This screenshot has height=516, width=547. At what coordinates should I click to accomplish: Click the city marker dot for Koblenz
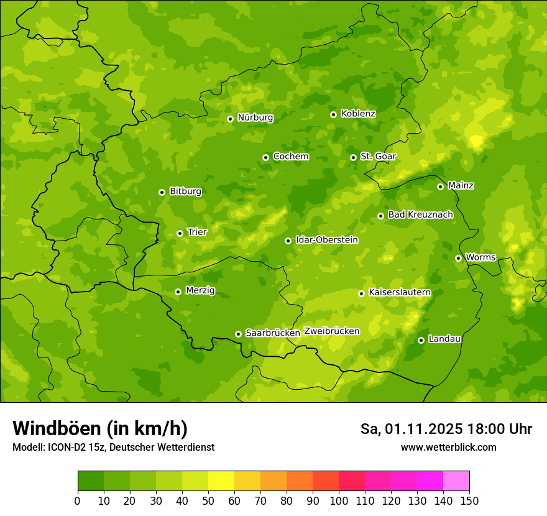[x=333, y=114]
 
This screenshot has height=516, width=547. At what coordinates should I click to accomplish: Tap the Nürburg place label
[x=255, y=117]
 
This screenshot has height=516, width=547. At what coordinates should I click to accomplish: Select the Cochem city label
[x=290, y=157]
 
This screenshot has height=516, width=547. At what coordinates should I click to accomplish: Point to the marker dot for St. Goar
[x=353, y=157]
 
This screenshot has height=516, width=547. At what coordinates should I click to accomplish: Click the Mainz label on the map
[x=461, y=185]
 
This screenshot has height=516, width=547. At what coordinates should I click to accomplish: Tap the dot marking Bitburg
[x=162, y=192]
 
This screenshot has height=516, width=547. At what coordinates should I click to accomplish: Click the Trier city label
[x=196, y=232]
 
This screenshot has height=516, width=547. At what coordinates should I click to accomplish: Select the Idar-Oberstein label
[x=326, y=240]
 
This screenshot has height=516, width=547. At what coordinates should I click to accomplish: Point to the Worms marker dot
[x=458, y=258]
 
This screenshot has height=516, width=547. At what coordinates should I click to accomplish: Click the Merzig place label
[x=200, y=290]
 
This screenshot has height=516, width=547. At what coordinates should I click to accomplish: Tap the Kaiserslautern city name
[x=400, y=292]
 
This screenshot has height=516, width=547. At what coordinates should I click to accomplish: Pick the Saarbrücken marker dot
[x=238, y=334]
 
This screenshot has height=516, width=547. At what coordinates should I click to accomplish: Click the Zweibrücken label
[x=331, y=331]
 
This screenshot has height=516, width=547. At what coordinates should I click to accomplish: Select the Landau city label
[x=444, y=339]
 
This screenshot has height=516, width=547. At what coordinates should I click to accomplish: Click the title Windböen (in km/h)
[x=100, y=428]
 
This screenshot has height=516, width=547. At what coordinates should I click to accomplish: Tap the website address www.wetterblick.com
[x=448, y=447]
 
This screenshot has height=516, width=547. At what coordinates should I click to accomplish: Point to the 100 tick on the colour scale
[x=339, y=500]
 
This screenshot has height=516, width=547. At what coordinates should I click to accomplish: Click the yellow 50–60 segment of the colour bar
[x=221, y=481]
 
